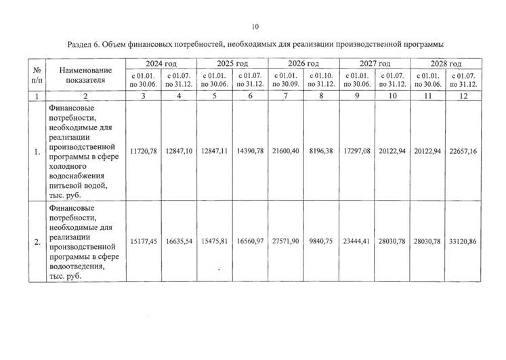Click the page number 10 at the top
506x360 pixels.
pyautogui.click(x=255, y=27)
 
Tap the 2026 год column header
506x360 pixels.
pyautogui.click(x=303, y=63)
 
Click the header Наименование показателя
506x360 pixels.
pyautogui.click(x=85, y=75)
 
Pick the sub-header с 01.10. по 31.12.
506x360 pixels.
pyautogui.click(x=320, y=79)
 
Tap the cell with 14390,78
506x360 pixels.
pyautogui.click(x=249, y=151)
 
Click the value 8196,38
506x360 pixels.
pyautogui.click(x=320, y=151)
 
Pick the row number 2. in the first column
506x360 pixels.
pyautogui.click(x=36, y=241)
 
